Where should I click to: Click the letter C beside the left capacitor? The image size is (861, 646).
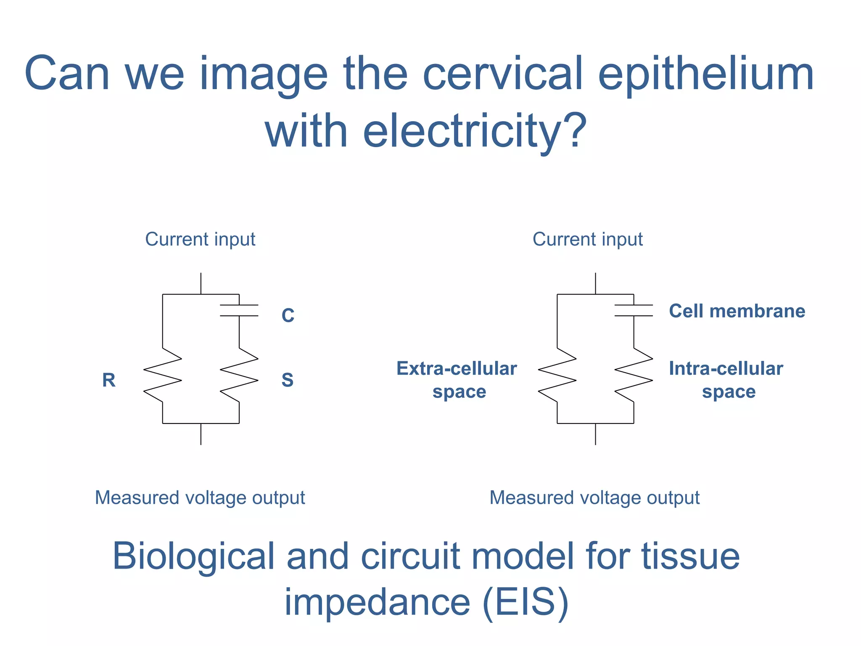pyautogui.click(x=288, y=315)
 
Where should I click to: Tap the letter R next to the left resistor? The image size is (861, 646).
pyautogui.click(x=109, y=380)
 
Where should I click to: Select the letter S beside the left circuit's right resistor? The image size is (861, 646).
pyautogui.click(x=288, y=380)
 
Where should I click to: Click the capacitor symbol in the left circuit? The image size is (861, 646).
pyautogui.click(x=239, y=310)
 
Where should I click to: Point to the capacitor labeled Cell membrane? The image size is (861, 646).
pyautogui.click(x=634, y=310)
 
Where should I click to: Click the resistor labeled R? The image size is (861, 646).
pyautogui.click(x=163, y=375)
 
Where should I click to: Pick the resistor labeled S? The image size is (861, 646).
pyautogui.click(x=239, y=375)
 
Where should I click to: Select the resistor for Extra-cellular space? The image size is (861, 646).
pyautogui.click(x=557, y=375)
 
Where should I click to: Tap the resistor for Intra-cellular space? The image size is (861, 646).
pyautogui.click(x=634, y=375)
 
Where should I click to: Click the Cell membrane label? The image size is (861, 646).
pyautogui.click(x=737, y=311)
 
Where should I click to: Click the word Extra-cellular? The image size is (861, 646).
pyautogui.click(x=457, y=368)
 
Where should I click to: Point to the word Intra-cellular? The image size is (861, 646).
pyautogui.click(x=726, y=368)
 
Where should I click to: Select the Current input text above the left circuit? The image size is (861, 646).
pyautogui.click(x=200, y=239)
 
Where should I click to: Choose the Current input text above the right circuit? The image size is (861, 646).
pyautogui.click(x=587, y=239)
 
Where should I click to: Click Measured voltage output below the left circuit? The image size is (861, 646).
pyautogui.click(x=200, y=498)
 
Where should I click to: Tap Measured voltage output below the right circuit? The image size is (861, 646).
pyautogui.click(x=594, y=498)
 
